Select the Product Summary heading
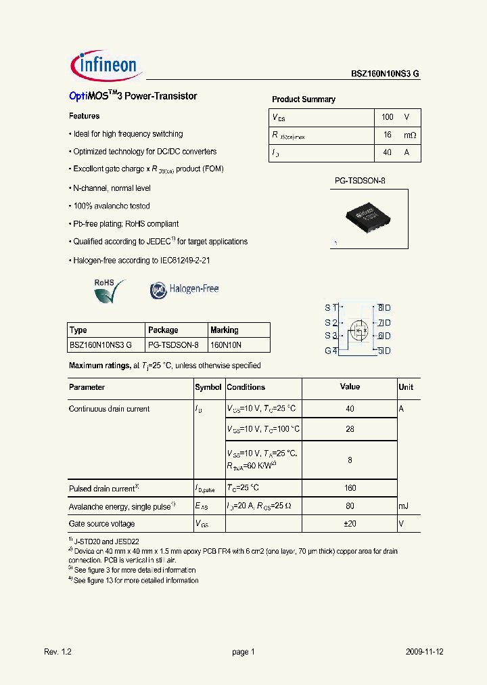pyautogui.click(x=303, y=100)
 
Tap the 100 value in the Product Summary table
pyautogui.click(x=387, y=117)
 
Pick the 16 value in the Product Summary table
pyautogui.click(x=387, y=135)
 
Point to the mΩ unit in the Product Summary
pyautogui.click(x=410, y=135)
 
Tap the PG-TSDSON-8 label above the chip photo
pyautogui.click(x=360, y=181)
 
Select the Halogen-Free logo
pyautogui.click(x=184, y=290)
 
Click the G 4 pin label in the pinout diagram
pyautogui.click(x=331, y=351)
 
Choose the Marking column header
pyautogui.click(x=225, y=330)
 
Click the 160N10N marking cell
pyautogui.click(x=226, y=345)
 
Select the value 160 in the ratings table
pyautogui.click(x=350, y=489)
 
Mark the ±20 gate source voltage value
pyautogui.click(x=350, y=524)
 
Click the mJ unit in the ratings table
pyautogui.click(x=404, y=506)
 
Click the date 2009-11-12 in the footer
pyautogui.click(x=425, y=652)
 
